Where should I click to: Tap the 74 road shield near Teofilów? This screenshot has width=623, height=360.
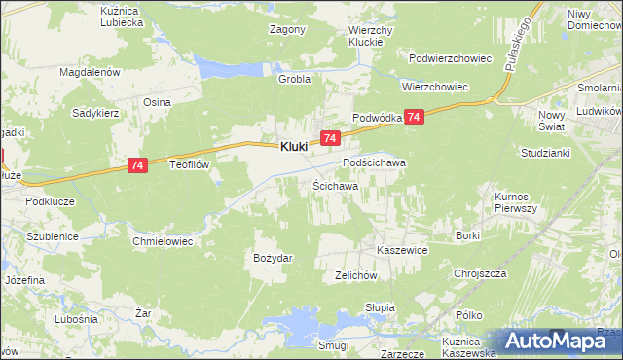(137, 167)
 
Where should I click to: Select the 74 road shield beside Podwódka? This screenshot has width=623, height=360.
(415, 117)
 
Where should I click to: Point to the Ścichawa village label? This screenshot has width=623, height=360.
(336, 185)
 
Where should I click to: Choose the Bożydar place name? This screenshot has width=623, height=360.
(274, 258)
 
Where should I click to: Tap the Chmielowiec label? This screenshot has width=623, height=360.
(164, 239)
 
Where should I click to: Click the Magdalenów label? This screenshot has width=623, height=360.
(89, 72)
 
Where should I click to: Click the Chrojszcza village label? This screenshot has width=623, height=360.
(482, 273)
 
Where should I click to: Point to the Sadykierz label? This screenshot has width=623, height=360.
(95, 113)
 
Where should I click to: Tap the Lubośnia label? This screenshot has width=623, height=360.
(77, 319)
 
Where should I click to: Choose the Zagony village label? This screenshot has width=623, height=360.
(287, 29)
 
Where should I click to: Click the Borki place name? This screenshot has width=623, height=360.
(468, 235)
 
